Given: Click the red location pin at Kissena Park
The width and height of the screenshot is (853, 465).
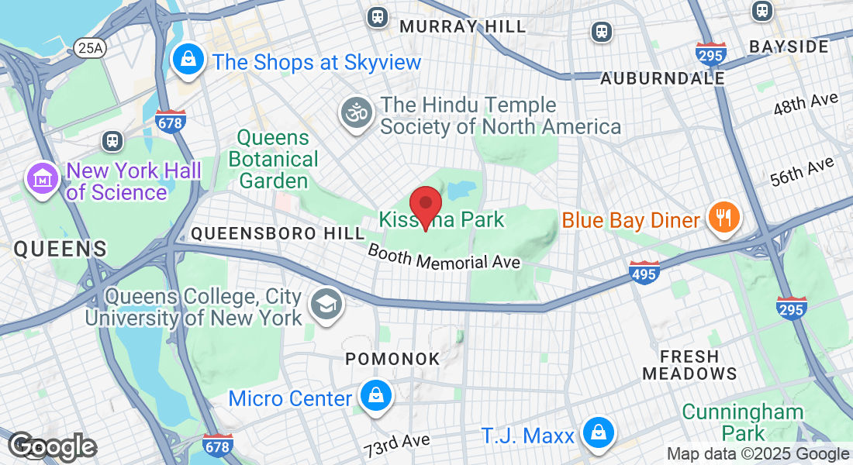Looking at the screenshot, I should point(425,206).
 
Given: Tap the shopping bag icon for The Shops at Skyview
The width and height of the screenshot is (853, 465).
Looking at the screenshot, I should point(187,59).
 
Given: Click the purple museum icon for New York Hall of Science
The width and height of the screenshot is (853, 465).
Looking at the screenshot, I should point(43,177).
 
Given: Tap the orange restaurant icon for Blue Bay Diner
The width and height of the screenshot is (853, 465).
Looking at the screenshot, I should point(723,217).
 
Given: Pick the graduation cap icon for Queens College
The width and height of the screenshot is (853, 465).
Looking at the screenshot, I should point(325,304).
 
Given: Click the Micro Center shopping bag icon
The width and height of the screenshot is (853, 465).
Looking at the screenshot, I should point(375,395).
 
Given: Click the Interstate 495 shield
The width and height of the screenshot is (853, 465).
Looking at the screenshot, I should point(644,273).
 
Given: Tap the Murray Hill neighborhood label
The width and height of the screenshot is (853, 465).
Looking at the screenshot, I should point(462,26).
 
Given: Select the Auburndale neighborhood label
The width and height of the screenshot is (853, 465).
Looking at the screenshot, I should point(663,78).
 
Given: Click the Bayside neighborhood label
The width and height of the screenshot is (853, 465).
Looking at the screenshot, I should point(789,46).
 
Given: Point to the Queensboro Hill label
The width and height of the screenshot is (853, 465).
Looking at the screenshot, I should point(278,233).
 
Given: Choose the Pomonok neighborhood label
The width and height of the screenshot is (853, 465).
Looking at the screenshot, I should point(392,359).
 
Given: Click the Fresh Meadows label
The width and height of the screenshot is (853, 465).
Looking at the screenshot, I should point(689,365).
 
